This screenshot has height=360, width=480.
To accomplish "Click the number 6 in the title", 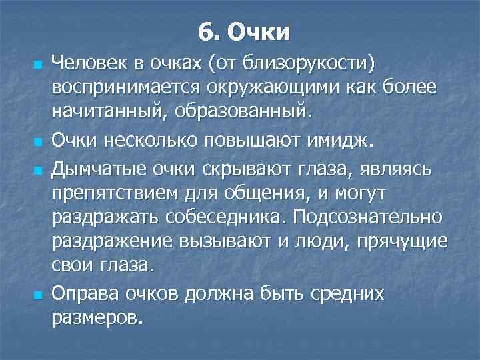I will (x=205, y=31).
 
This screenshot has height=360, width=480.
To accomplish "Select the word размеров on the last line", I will (x=96, y=317).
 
